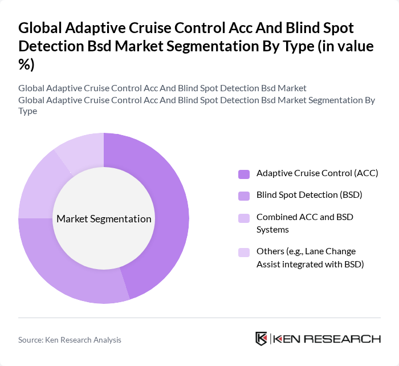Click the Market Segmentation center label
point(104,219)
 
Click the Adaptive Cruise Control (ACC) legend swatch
point(244,173)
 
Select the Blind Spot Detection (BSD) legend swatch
point(244,196)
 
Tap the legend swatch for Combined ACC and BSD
point(244,218)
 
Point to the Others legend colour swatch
point(244,252)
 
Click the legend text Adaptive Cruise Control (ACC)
point(317,173)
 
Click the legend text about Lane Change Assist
point(310,258)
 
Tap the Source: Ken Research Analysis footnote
point(70,340)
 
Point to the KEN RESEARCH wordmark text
point(327,339)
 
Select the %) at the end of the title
point(26,64)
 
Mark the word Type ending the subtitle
point(27,111)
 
